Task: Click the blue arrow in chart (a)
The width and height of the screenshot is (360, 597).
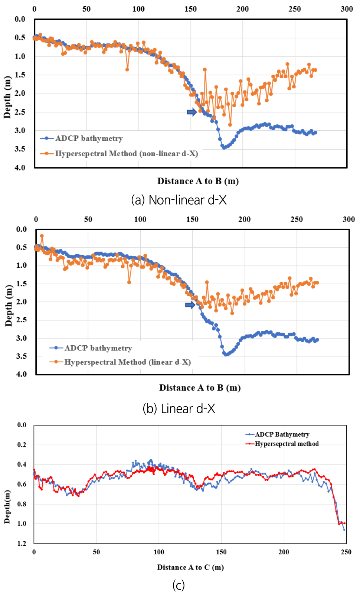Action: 192,112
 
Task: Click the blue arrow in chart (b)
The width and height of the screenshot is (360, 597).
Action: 190,305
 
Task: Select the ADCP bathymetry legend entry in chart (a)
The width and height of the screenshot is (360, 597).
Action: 89,138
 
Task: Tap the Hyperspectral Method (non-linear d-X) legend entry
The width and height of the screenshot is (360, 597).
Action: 126,154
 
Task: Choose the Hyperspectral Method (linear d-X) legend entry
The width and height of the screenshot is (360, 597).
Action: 127,362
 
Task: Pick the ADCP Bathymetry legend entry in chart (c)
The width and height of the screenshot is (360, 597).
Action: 282,434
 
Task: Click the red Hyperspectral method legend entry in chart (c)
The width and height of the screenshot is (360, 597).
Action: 287,444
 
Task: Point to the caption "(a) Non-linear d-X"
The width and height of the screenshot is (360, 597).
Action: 179,200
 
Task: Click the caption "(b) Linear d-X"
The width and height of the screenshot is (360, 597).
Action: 179,409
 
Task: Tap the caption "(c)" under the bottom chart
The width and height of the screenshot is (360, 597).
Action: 179,585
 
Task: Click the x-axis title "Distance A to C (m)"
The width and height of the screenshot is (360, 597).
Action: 190,567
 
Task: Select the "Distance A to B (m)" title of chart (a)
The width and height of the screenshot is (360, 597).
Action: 198,181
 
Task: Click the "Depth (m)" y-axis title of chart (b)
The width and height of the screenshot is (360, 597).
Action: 9,306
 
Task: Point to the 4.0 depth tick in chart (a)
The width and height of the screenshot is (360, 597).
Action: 20,167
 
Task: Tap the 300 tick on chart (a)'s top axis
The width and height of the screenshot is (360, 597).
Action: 347,9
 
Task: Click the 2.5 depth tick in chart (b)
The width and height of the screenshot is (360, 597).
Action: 22,320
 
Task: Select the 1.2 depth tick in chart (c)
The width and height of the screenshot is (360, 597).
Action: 22,544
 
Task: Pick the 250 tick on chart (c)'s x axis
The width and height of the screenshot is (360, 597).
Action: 346,552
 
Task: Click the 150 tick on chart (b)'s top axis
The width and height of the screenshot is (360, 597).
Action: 192,219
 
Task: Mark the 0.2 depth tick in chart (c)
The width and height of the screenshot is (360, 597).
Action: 22,445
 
